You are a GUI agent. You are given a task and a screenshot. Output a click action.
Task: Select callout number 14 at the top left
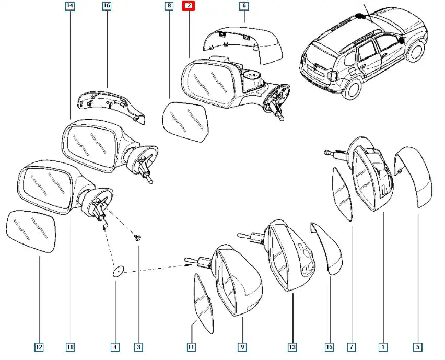pyautogui.click(x=70, y=6)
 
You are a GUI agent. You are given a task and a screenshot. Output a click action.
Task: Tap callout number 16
pyautogui.click(x=107, y=6)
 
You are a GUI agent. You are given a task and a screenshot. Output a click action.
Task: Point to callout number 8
pyautogui.click(x=168, y=6)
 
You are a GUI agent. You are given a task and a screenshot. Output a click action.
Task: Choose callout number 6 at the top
pyautogui.click(x=244, y=6)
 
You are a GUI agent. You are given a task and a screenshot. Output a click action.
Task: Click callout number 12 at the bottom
pyautogui.click(x=39, y=346)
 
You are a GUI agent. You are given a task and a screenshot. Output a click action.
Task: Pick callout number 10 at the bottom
pyautogui.click(x=70, y=346)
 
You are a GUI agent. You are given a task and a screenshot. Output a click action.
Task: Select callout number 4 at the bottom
pyautogui.click(x=115, y=346)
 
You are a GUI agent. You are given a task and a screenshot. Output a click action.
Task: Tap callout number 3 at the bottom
pyautogui.click(x=138, y=346)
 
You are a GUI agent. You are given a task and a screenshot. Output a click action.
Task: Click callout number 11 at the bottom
pyautogui.click(x=191, y=346)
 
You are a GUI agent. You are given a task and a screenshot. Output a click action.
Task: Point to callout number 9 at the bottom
pyautogui.click(x=242, y=346)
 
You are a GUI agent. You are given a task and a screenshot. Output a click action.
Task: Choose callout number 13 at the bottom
pyautogui.click(x=292, y=346)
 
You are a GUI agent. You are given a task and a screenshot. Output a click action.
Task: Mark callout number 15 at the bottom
pyautogui.click(x=330, y=346)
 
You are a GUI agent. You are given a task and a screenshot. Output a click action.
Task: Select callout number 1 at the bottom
pyautogui.click(x=383, y=346)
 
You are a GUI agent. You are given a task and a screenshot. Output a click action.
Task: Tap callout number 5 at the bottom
pyautogui.click(x=418, y=346)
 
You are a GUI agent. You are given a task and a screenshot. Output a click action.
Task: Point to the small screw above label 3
pyautogui.click(x=137, y=238)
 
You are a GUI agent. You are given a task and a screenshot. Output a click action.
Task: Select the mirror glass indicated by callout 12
pyautogui.click(x=32, y=231)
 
